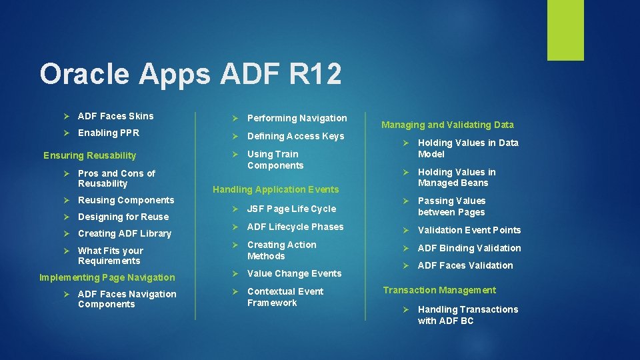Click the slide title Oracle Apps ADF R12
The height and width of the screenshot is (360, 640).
click(190, 74)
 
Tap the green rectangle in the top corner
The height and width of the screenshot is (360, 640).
click(565, 30)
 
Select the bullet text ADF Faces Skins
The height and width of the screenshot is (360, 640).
click(115, 116)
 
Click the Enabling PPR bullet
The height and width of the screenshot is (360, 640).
click(108, 133)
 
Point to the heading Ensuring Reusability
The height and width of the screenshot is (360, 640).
click(89, 155)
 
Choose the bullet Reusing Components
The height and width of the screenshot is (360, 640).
click(125, 200)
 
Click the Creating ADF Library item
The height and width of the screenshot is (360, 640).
click(124, 233)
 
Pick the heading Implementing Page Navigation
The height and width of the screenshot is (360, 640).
click(107, 277)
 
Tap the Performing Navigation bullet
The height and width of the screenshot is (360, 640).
click(297, 118)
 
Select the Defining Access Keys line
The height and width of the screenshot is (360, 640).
click(295, 136)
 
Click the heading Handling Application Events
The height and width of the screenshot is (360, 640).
click(275, 189)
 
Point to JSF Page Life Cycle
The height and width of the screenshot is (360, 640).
click(291, 209)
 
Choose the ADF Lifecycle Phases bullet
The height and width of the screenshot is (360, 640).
click(295, 227)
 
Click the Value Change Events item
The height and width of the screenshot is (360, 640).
click(294, 273)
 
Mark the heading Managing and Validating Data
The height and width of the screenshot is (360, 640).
click(447, 125)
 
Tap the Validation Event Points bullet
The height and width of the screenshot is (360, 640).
click(469, 230)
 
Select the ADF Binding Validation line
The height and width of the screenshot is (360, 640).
click(469, 248)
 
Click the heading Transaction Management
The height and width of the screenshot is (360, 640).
click(439, 290)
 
